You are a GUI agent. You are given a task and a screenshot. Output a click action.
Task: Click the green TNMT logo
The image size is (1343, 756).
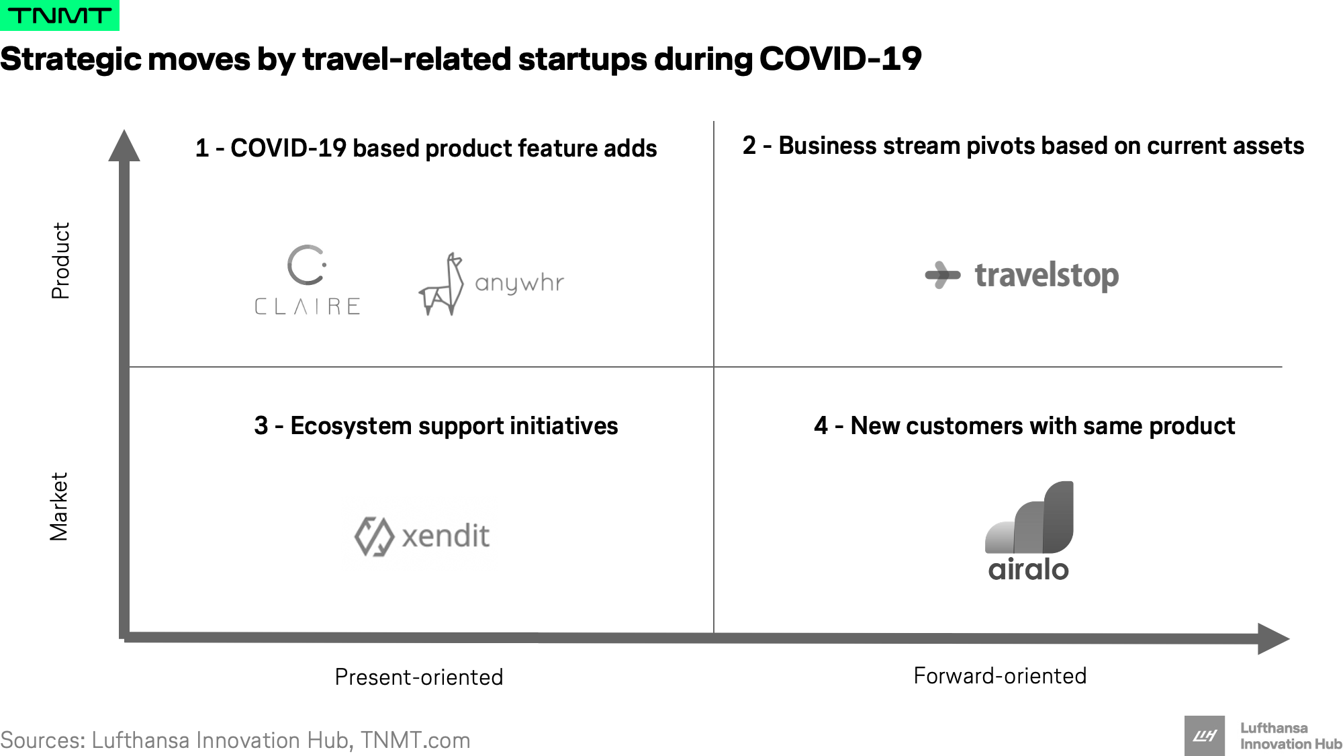pyautogui.click(x=60, y=15)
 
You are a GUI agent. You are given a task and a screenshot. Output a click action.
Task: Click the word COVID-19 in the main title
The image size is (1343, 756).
pyautogui.click(x=840, y=59)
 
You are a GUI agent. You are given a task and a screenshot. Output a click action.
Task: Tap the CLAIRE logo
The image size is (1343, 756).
pyautogui.click(x=308, y=280)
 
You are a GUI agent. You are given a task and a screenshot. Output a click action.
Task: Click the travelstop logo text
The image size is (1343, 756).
pyautogui.click(x=1046, y=276)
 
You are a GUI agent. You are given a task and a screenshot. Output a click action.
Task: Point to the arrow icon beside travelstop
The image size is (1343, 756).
pyautogui.click(x=943, y=275)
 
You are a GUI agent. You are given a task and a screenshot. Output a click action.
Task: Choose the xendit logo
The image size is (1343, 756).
pyautogui.click(x=422, y=536)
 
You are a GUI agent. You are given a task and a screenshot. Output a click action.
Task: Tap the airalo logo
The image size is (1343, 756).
pyautogui.click(x=1029, y=531)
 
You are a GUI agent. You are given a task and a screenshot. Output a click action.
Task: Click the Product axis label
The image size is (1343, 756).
pyautogui.click(x=60, y=260)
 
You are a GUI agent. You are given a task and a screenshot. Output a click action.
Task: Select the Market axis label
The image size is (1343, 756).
pyautogui.click(x=59, y=507)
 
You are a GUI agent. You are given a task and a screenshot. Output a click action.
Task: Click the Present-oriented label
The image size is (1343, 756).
pyautogui.click(x=419, y=677)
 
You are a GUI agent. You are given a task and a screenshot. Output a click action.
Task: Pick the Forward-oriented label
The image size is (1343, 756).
pyautogui.click(x=1000, y=675)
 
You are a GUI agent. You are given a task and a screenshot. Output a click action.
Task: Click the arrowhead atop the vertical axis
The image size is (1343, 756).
pyautogui.click(x=124, y=145)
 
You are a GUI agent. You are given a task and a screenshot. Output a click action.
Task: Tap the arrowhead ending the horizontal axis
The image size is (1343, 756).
pyautogui.click(x=1274, y=638)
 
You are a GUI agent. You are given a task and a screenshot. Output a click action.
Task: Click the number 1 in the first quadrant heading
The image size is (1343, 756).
pyautogui.click(x=201, y=149)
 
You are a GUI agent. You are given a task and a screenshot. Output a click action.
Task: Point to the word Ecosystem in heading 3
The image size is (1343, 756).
pyautogui.click(x=351, y=426)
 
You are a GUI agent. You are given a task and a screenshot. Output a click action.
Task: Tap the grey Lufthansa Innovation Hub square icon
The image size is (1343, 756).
pyautogui.click(x=1205, y=736)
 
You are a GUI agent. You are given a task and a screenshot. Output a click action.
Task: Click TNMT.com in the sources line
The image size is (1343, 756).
pyautogui.click(x=415, y=741)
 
